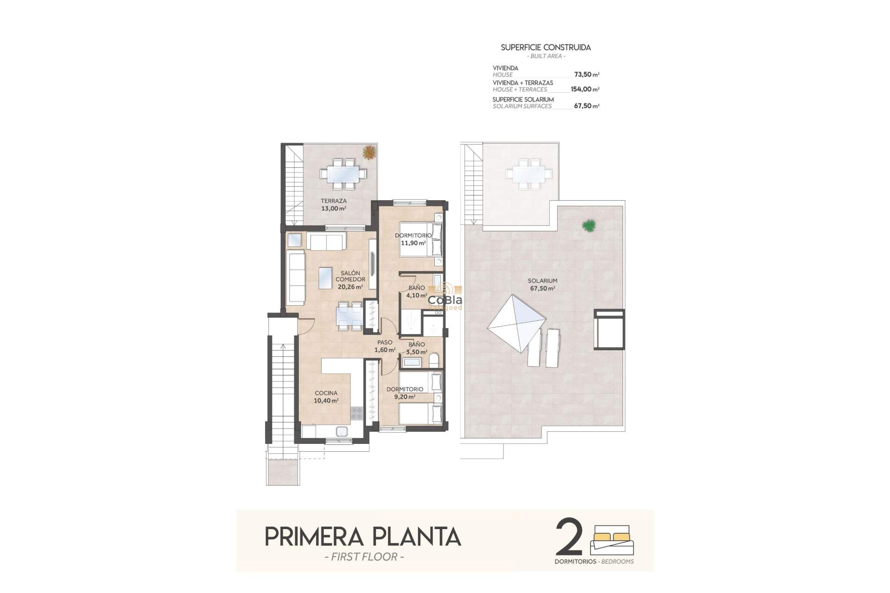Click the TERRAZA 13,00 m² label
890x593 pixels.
(334, 205)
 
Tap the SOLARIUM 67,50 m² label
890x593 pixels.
(542, 284)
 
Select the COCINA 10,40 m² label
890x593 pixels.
(326, 397)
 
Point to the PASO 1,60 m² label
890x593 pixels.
(385, 346)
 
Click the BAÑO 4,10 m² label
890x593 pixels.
(416, 291)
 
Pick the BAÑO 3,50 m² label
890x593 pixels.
(416, 348)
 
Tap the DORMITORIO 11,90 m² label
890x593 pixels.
(413, 239)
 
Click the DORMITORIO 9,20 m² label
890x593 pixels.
(405, 393)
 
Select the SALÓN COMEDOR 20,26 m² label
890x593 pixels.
(350, 280)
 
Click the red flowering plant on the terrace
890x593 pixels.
(369, 152)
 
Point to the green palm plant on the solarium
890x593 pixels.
(589, 226)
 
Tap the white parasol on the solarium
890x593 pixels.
(516, 323)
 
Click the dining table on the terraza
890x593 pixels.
(343, 174)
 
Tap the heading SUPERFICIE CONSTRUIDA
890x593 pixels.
(546, 47)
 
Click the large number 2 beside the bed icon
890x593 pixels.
(569, 537)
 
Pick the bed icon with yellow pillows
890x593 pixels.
(611, 540)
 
